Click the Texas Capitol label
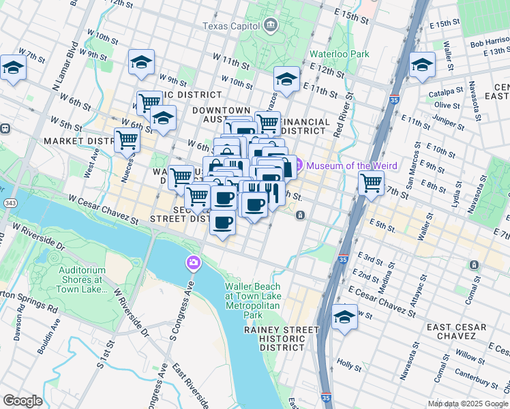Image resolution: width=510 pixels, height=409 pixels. point(231,26)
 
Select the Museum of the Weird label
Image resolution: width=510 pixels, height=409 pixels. point(346,166)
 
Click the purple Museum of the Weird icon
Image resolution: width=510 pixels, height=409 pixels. point(298,166)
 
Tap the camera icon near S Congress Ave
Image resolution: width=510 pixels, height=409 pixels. point(194,263)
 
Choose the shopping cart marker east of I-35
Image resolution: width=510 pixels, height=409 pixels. point(371,183)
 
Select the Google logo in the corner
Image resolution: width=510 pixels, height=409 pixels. point(22,401)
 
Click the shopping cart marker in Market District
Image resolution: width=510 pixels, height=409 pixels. point(127,140)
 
